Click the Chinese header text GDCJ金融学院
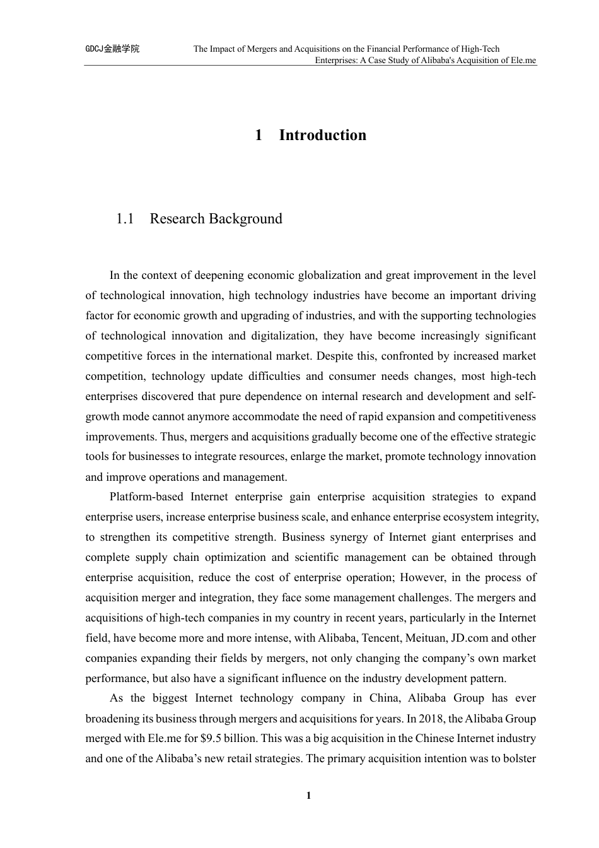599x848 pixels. [112, 49]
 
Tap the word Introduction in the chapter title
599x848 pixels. [322, 135]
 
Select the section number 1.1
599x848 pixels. [125, 219]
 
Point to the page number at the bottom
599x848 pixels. [308, 796]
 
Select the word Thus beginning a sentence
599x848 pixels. [173, 437]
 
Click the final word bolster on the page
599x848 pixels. [518, 758]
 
